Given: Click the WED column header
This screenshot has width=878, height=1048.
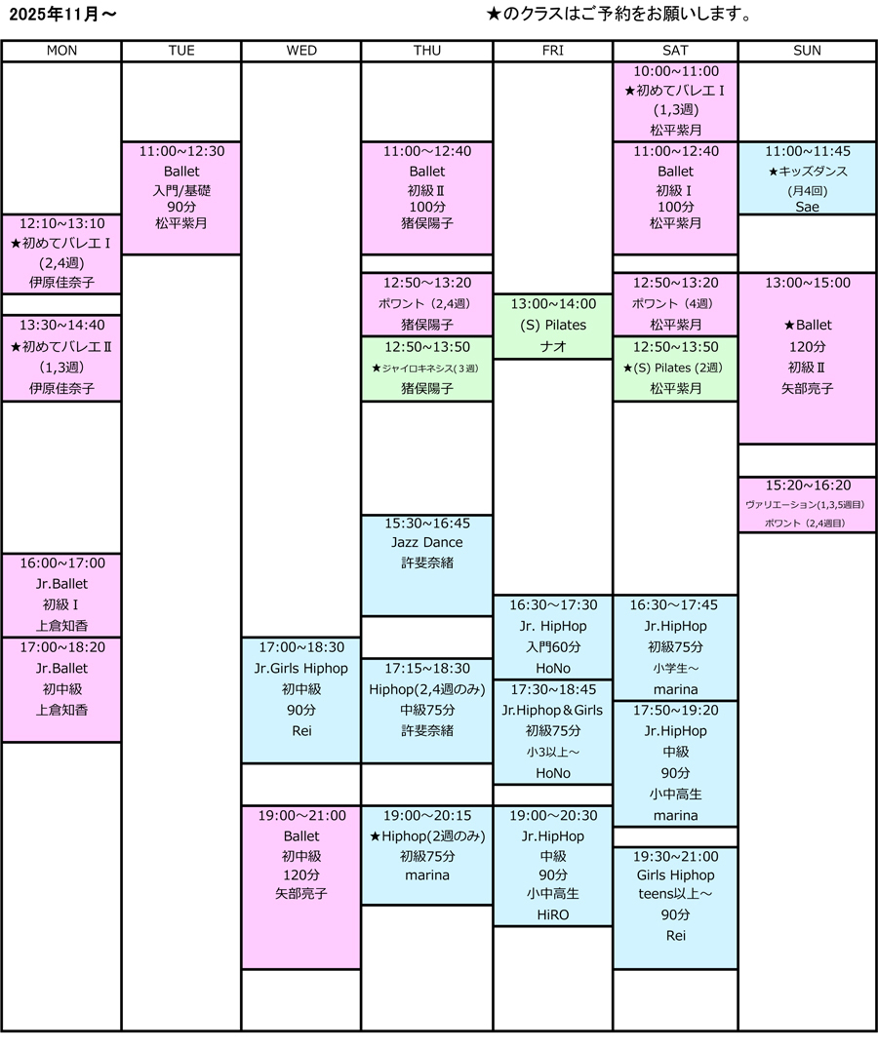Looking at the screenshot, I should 301,51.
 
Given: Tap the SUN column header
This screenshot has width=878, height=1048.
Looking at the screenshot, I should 807,51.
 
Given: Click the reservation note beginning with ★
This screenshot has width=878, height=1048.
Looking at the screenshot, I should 619,16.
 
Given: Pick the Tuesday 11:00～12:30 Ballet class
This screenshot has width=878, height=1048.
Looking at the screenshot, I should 181,198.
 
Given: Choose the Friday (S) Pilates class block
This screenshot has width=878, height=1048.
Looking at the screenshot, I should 553,326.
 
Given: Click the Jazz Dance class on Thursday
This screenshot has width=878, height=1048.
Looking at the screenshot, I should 427,564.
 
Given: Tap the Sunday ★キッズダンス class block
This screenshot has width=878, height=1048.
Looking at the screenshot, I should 807,178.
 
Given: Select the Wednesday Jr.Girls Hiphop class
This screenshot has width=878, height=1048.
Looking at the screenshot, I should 300,699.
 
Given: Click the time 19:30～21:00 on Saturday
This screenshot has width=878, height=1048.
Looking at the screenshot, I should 675,856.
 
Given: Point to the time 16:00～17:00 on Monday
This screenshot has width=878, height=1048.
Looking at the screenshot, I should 62,563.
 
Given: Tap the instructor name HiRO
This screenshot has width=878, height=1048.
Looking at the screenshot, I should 553,914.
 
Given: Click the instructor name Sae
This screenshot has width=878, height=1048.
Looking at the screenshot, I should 807,207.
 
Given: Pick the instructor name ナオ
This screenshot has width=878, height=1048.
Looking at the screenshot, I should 553,346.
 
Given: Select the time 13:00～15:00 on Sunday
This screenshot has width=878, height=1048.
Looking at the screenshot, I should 807,283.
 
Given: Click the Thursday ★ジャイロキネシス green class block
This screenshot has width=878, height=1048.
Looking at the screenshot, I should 427,368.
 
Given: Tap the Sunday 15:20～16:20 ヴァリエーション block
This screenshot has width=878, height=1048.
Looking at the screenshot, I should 807,504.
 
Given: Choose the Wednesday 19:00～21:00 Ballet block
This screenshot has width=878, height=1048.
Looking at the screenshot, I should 300,886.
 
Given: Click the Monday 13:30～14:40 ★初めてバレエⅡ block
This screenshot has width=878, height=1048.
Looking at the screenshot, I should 62,357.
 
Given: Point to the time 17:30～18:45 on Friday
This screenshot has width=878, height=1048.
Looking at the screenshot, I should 553,688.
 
